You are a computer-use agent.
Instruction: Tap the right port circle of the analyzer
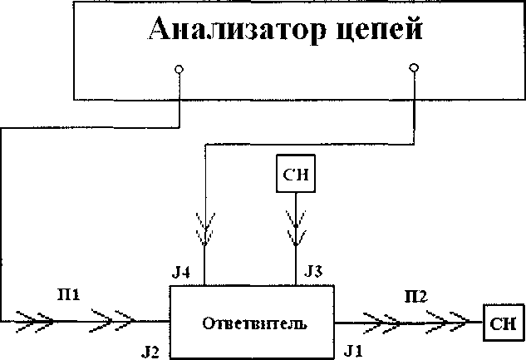pos(415,67)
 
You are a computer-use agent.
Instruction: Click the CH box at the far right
pos(504,321)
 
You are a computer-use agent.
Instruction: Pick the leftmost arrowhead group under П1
pos(29,319)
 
